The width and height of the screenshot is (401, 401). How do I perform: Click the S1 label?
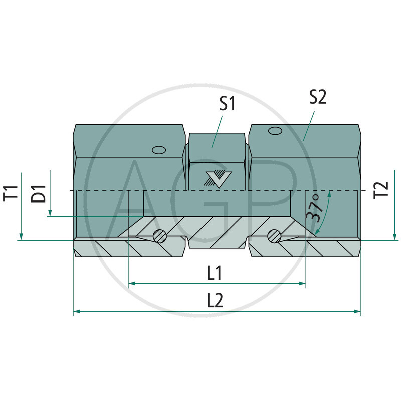point(227,104)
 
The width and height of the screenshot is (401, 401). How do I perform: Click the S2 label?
point(317,97)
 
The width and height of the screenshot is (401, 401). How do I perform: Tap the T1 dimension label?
point(13,192)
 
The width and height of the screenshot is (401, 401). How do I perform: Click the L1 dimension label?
point(215,273)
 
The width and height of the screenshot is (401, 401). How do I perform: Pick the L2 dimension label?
point(215,300)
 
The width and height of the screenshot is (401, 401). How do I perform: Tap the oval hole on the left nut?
point(159,150)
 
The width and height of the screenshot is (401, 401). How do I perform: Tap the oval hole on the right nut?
point(275,131)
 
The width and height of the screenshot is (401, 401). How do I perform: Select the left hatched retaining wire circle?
point(160,235)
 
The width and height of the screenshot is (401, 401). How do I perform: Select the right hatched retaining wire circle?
point(274,235)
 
